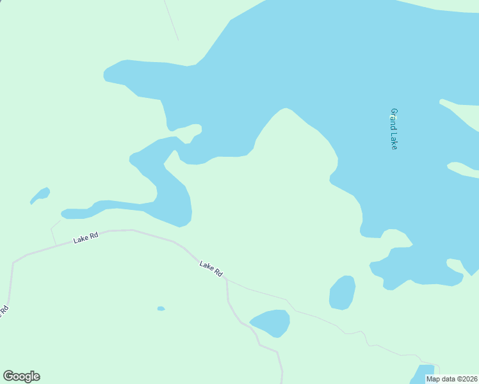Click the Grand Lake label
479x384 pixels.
(x=394, y=129)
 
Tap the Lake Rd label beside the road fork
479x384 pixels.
(x=211, y=268)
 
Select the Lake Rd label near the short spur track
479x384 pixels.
(x=86, y=237)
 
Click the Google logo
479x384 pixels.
(x=22, y=376)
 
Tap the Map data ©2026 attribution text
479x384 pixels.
(x=452, y=379)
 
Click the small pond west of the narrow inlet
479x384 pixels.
(x=40, y=195)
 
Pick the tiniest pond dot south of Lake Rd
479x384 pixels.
(x=161, y=308)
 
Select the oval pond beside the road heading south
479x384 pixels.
(x=270, y=323)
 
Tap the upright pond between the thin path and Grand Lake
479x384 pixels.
(x=343, y=292)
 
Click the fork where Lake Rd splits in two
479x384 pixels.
(x=227, y=279)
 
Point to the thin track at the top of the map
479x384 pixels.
(x=171, y=19)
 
